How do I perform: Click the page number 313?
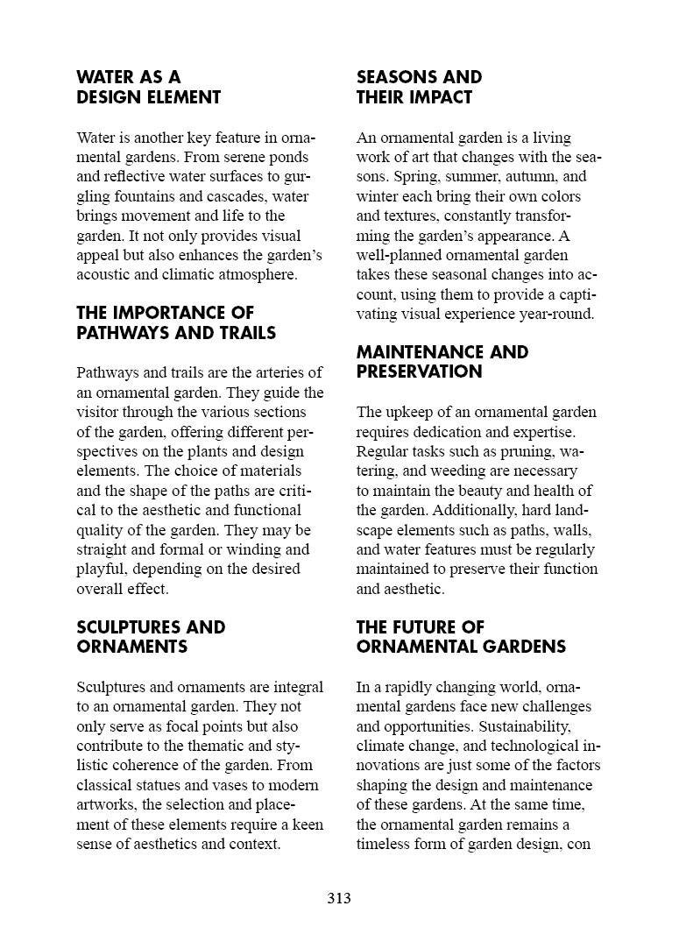(339, 898)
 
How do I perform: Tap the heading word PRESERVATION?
(419, 372)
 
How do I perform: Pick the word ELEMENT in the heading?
(185, 97)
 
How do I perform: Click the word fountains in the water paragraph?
(153, 196)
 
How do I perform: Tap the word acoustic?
(104, 275)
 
